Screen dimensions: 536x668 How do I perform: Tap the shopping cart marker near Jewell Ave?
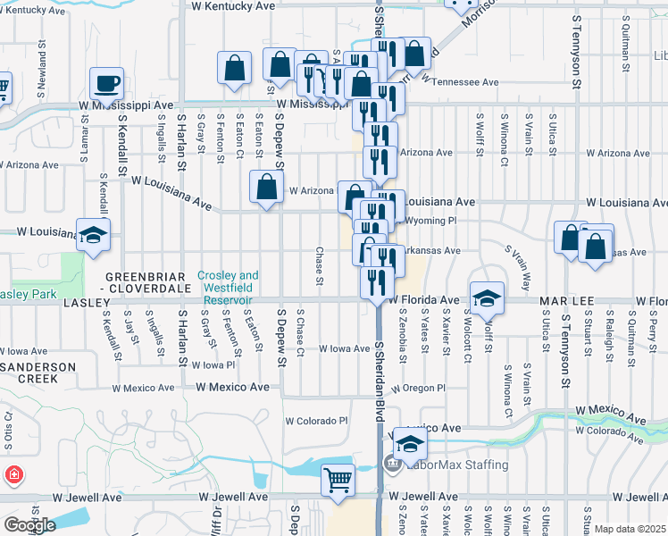tap(338, 480)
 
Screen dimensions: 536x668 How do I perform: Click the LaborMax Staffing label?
tap(458, 465)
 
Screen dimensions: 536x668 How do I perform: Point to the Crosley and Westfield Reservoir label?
tap(228, 282)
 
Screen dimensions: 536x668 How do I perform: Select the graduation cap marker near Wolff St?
tap(487, 298)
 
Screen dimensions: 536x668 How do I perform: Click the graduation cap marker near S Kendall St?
tap(92, 235)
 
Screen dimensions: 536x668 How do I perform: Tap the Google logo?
tap(29, 524)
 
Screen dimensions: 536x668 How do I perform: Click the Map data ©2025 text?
tap(629, 529)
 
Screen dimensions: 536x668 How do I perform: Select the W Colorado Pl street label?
tap(316, 421)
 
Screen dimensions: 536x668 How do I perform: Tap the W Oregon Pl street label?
tap(417, 388)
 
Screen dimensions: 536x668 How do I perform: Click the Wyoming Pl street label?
tap(430, 220)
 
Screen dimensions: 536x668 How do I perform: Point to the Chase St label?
tap(319, 268)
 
